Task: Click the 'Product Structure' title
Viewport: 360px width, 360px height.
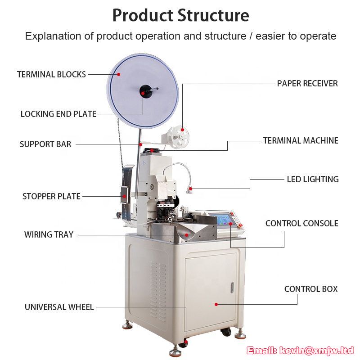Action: click(181, 15)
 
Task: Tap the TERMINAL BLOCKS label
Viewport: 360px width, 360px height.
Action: click(51, 74)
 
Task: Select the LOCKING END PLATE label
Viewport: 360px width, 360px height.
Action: click(58, 114)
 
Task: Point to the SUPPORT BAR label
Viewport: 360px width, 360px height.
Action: click(45, 144)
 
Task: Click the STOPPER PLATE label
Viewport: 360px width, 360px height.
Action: click(51, 196)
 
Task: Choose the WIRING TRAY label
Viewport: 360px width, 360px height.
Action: click(49, 234)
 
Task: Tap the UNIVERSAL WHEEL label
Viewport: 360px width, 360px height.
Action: click(59, 307)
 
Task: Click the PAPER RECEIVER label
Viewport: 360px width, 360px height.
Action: click(307, 83)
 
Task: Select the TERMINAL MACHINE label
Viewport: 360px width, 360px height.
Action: click(301, 140)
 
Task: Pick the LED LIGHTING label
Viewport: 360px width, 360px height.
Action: click(313, 179)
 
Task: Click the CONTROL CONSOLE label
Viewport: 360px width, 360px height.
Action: click(301, 223)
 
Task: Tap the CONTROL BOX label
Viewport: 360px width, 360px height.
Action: click(311, 289)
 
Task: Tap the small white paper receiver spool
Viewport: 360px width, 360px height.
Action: click(178, 137)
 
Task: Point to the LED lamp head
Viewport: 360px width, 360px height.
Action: click(189, 190)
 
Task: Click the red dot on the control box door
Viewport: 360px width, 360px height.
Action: click(216, 305)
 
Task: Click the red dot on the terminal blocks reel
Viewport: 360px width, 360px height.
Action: click(118, 74)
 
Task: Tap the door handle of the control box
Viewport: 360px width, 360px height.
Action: click(232, 287)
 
